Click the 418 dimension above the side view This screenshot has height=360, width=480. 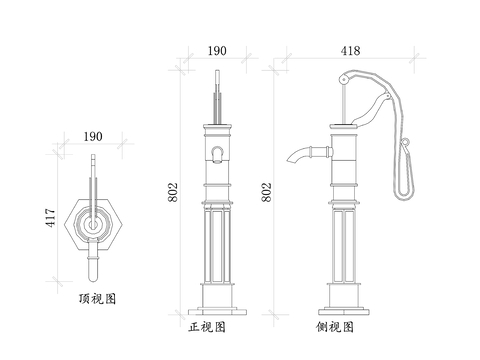tap(350, 51)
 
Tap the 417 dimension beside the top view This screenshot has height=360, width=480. tap(51, 218)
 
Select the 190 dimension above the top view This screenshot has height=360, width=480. tap(93, 136)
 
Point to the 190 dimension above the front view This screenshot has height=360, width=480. tap(217, 51)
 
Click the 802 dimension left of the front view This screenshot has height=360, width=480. tap(173, 192)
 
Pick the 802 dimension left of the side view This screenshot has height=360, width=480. tap(267, 192)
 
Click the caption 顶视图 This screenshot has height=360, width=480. tap(97, 299)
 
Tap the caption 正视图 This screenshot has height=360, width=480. tap(207, 327)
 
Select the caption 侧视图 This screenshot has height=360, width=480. tap(335, 327)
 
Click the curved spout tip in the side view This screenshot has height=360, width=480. tap(289, 160)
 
